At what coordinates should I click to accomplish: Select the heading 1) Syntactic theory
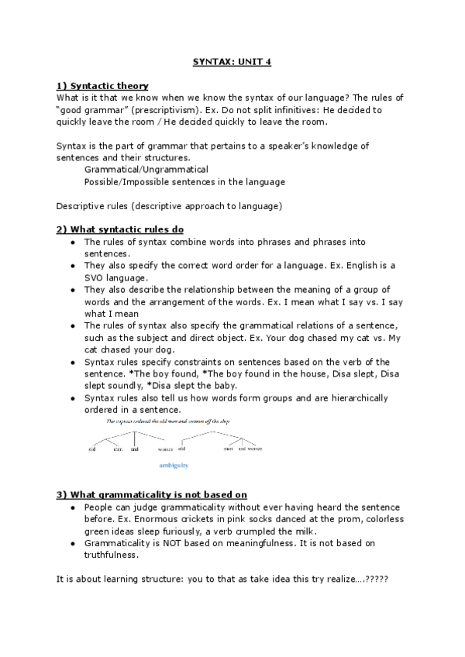point(102,86)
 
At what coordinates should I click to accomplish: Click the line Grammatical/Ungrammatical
point(146,170)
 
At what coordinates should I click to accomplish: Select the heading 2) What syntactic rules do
point(120,230)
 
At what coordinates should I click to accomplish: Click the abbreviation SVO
point(96,277)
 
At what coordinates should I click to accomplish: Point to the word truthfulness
point(111,555)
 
